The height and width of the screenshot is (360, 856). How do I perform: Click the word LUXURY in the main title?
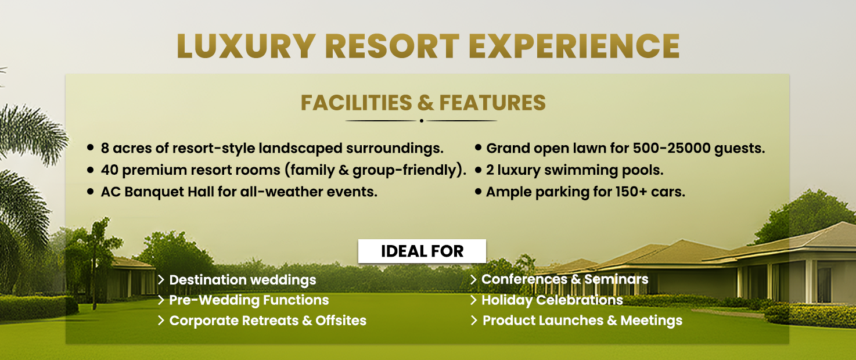[x=246, y=46]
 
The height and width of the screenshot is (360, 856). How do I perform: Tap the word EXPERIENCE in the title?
[x=574, y=46]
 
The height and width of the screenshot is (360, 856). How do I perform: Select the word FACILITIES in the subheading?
[x=356, y=103]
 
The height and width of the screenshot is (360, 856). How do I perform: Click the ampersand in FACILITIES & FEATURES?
[x=425, y=103]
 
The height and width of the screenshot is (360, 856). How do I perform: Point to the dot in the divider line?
[x=422, y=121]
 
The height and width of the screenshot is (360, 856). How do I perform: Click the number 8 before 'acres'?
[x=105, y=148]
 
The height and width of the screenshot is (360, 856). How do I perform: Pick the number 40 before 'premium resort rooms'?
[x=110, y=170]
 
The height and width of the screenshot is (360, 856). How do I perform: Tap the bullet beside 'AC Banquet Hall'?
[x=91, y=191]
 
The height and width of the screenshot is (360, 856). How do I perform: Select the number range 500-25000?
[x=671, y=148]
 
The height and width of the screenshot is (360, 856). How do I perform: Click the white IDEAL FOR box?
[x=422, y=251]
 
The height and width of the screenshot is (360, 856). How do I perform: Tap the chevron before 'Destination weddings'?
[x=161, y=280]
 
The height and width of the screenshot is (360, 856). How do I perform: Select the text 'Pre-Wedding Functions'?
[x=249, y=300]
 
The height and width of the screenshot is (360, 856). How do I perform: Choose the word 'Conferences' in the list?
[x=524, y=279]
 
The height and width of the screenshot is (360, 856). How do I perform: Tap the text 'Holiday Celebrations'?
[x=552, y=300]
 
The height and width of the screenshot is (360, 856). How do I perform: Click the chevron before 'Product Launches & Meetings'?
[x=474, y=321]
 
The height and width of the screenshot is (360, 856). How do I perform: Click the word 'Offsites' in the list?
[x=341, y=321]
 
